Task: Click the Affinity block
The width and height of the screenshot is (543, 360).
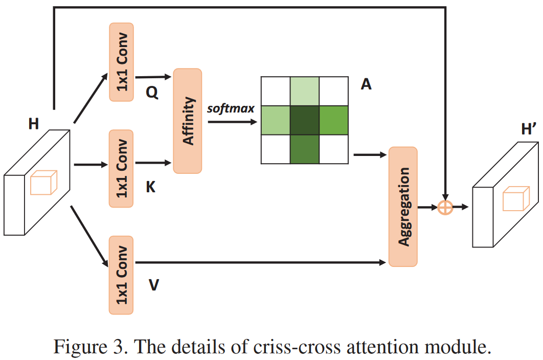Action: point(188,121)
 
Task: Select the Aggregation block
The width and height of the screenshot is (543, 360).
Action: point(403,207)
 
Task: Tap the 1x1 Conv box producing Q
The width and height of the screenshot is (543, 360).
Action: point(121,62)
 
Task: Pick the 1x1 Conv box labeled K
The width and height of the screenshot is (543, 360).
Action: point(121,168)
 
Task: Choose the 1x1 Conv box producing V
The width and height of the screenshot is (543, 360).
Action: point(121,275)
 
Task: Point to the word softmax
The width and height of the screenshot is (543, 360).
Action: point(231,108)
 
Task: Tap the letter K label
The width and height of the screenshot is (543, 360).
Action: point(151,187)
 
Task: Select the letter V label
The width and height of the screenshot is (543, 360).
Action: point(153,285)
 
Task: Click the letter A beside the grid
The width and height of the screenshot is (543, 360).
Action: point(366,84)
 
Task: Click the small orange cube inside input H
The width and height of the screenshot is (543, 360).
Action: point(43,183)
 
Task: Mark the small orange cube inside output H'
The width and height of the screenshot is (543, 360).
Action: point(514,199)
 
